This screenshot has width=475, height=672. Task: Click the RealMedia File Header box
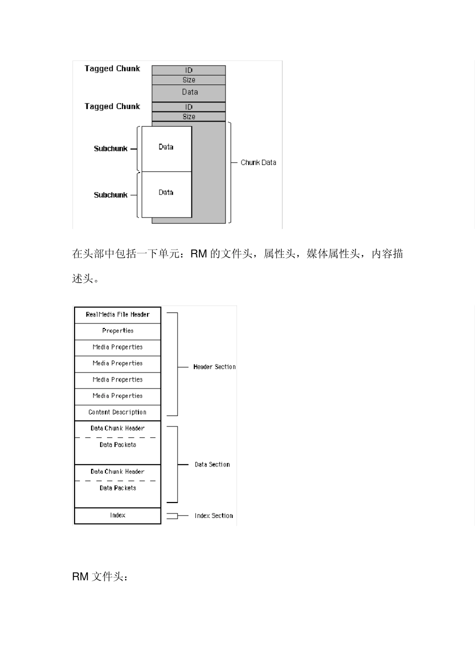pos(117,314)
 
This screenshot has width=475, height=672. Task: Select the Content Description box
pos(117,412)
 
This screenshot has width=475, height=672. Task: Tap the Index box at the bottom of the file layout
pos(117,515)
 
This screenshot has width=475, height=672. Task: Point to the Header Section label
pos(214,367)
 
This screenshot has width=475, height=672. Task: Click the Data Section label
pos(212,464)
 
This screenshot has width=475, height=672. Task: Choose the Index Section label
pos(214,515)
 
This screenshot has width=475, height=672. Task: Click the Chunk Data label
pos(258,162)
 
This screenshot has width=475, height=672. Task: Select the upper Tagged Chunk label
pos(112,68)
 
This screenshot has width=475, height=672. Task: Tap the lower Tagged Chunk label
pos(112,106)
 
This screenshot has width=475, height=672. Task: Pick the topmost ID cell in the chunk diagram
pos(188,70)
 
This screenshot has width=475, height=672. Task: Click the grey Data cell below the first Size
pos(189,92)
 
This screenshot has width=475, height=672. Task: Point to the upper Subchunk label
pos(110,148)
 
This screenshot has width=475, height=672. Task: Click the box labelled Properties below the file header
pos(117,330)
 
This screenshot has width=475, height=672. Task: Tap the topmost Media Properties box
pos(117,347)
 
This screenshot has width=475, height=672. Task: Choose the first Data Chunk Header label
pos(117,428)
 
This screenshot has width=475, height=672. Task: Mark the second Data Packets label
pos(117,488)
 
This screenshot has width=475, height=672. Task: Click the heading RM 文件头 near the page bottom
pos(100,576)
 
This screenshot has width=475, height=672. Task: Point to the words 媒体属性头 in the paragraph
pos(333,254)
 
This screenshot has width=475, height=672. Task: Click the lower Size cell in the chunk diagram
pos(188,116)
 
